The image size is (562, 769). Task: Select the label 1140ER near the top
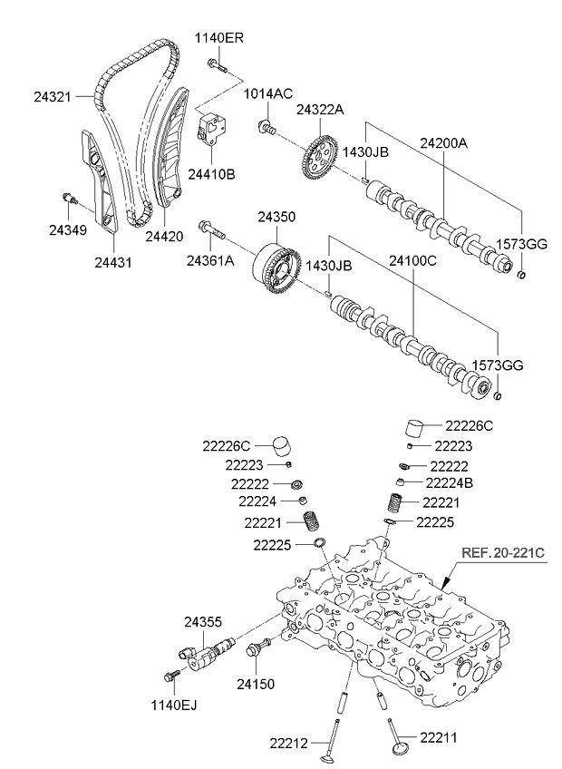[x=218, y=38]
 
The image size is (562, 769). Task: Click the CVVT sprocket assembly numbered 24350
[x=274, y=269]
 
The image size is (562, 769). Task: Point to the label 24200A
[x=443, y=143]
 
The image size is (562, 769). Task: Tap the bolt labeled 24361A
[x=209, y=261]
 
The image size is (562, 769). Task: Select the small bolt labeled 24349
[x=68, y=229]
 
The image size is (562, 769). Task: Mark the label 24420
[x=164, y=236]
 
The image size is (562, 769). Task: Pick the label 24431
[x=113, y=262]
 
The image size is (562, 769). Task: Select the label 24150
[x=256, y=683]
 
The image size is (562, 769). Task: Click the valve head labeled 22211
[x=396, y=745]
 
